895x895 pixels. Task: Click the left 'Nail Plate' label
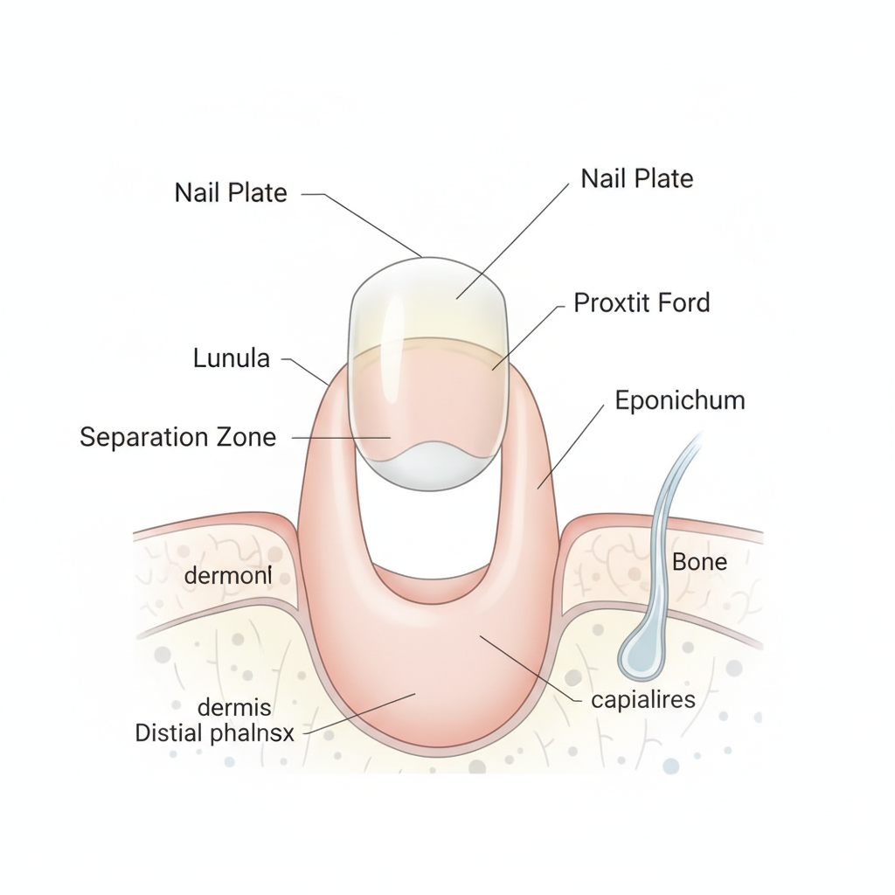pos(231,192)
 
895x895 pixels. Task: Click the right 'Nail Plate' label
pos(637,178)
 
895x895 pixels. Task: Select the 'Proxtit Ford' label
pos(642,302)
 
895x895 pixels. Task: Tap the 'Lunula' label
pos(231,358)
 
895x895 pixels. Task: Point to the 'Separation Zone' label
pos(178,437)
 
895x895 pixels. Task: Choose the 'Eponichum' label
pos(680,400)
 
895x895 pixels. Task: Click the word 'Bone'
pos(700,562)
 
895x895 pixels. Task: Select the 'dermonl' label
pos(228,575)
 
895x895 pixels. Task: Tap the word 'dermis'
pos(234,708)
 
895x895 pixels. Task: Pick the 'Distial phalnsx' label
pos(215,733)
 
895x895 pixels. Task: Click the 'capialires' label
pos(643,700)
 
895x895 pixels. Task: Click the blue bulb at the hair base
pos(641,656)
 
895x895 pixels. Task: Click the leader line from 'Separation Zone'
pos(342,438)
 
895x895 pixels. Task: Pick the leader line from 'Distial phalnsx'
pos(359,713)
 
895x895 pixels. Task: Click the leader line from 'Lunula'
pos(306,371)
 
